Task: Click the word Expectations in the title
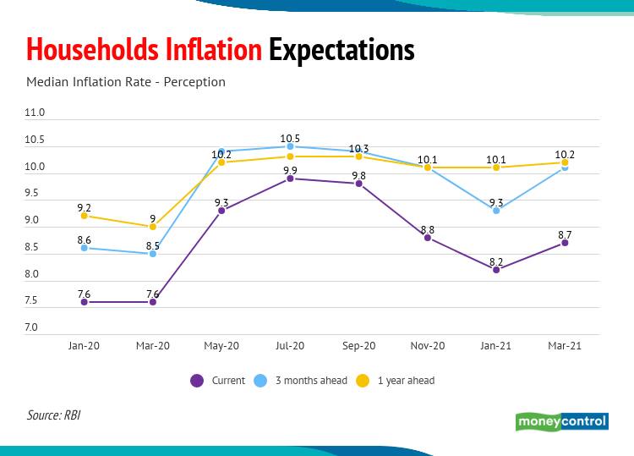342,50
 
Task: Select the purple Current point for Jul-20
290,179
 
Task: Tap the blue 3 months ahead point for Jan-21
496,210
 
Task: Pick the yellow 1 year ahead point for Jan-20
84,216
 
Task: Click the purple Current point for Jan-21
496,269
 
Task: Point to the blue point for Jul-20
290,146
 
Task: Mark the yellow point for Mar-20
153,227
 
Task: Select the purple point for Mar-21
565,243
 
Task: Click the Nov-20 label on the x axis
428,346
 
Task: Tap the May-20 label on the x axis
221,346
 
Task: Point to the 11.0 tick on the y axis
35,113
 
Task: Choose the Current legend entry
218,381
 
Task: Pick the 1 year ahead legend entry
396,381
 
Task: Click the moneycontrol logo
561,421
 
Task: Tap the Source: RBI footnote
54,415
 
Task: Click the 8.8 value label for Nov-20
428,229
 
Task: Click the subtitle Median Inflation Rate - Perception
126,82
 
